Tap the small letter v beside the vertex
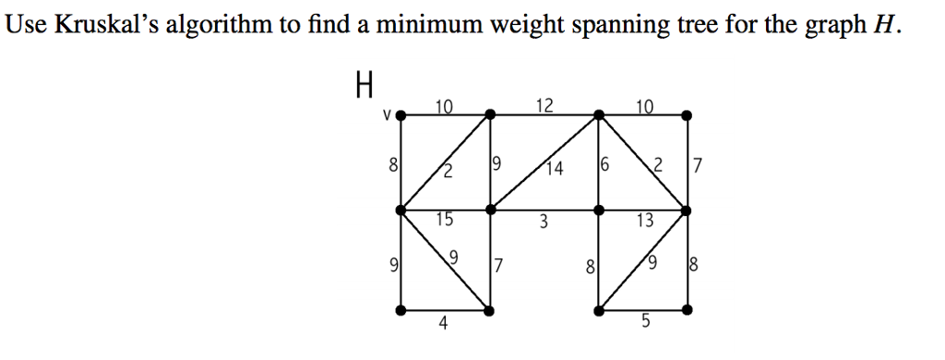point(388,116)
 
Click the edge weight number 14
point(554,168)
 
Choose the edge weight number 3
point(544,222)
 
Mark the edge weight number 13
point(644,221)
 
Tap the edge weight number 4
point(444,323)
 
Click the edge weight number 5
point(645,323)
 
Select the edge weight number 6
point(605,166)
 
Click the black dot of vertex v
point(401,115)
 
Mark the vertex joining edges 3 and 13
point(599,210)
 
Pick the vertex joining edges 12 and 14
point(599,114)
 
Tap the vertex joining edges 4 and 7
point(490,311)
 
